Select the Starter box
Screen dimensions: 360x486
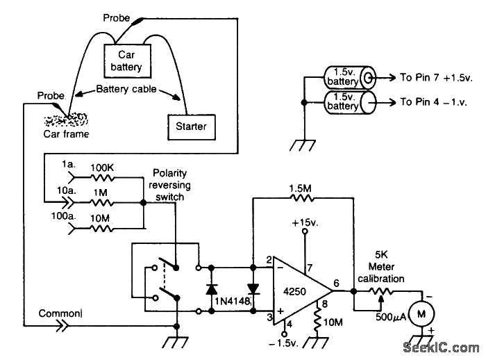pyautogui.click(x=190, y=126)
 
